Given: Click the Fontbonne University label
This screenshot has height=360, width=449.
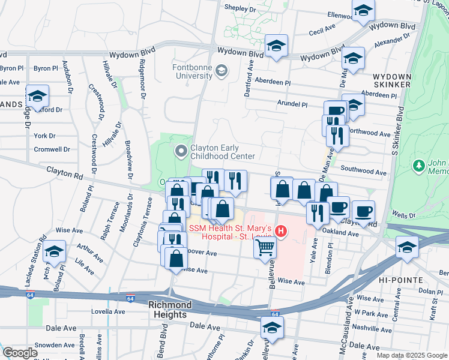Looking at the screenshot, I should click(x=192, y=71).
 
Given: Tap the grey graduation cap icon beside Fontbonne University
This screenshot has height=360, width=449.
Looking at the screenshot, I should click(x=222, y=71).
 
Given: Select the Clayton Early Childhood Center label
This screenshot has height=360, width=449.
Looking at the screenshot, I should click(x=223, y=152).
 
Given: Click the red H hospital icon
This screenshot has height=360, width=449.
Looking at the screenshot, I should click(x=280, y=230).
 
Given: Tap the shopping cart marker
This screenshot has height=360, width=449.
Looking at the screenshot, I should click(x=265, y=247).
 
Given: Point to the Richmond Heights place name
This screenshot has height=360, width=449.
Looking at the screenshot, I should click(x=170, y=305).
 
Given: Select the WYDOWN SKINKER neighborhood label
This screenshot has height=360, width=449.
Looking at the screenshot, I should click(x=391, y=81).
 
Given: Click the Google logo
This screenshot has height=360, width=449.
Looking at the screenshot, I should click(x=20, y=352).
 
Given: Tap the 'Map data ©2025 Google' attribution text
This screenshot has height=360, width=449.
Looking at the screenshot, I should click(x=412, y=355).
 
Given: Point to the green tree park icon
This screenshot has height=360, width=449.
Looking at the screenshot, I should click(x=418, y=164).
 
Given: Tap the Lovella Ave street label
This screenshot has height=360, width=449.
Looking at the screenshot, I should click(x=108, y=311).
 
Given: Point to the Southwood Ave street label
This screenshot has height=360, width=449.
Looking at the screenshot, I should click(x=363, y=172).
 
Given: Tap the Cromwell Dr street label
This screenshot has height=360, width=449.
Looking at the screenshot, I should click(x=52, y=149).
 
